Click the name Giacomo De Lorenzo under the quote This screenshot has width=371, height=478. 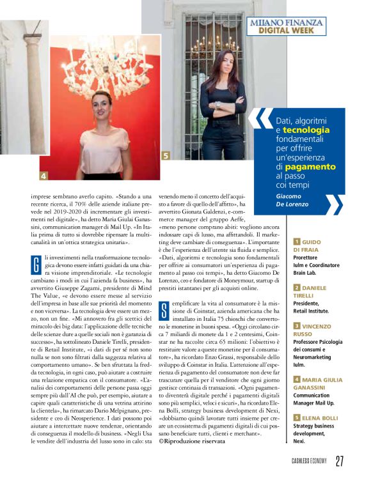tap(296, 200)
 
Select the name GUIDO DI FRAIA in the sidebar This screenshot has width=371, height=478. tap(314, 247)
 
